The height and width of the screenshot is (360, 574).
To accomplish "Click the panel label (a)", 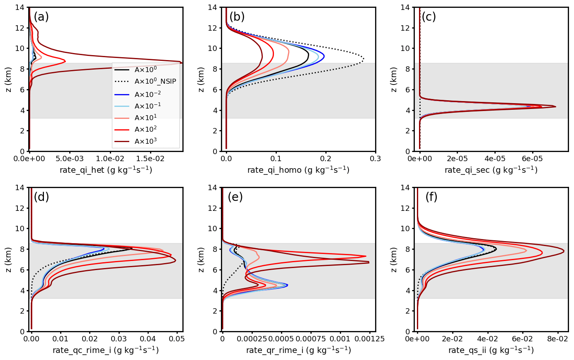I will coord(41,17).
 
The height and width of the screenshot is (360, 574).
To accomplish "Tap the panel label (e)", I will coord(235,197).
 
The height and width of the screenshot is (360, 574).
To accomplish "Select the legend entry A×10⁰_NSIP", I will coord(155,82).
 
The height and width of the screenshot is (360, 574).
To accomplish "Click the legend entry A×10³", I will coord(145,141).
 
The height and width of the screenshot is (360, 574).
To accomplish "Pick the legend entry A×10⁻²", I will coord(148,94).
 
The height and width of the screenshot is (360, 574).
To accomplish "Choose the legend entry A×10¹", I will coord(145,118).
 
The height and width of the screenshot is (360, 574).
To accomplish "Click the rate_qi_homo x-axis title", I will coord(298,170).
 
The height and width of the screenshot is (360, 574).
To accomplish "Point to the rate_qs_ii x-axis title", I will coord(491,350).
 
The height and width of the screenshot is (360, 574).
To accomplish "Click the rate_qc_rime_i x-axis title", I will coord(105,350).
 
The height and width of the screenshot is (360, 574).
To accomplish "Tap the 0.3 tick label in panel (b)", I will coord(375,159).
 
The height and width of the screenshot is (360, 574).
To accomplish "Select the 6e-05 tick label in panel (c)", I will coord(532,159).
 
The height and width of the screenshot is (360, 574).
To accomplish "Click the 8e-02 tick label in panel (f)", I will coord(557,339).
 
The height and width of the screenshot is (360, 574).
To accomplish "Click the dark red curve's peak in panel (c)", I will coord(555,106).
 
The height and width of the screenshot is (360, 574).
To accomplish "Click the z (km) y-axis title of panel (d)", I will coord(9,259).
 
